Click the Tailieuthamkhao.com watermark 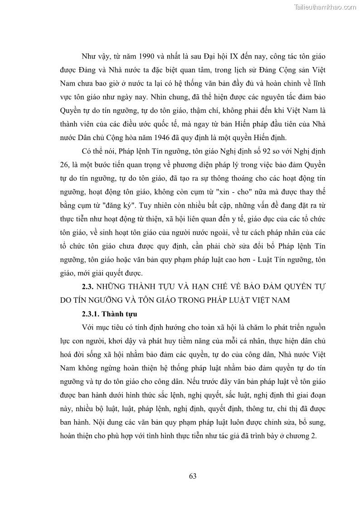pyautogui.click(x=325, y=7)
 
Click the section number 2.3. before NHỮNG pyautogui.click(x=88, y=287)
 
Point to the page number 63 pyautogui.click(x=192, y=476)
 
